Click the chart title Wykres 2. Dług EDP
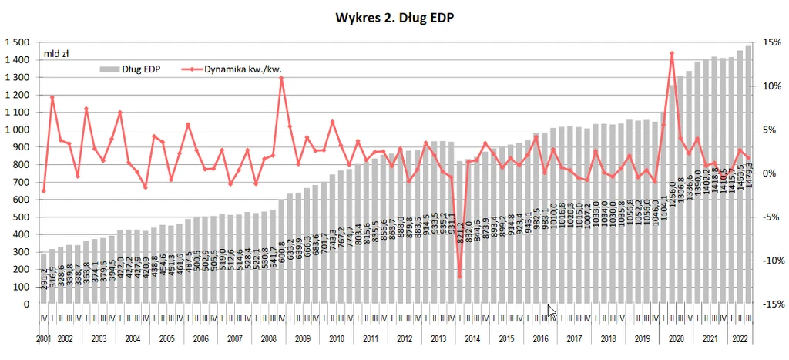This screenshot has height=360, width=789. click(394, 16)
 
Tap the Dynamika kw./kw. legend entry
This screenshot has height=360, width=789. click(231, 69)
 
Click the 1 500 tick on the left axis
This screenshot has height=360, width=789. click(17, 42)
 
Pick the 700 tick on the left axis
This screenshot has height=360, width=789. click(21, 182)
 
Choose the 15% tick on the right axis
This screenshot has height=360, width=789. click(771, 42)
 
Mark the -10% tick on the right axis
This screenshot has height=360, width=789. click(771, 261)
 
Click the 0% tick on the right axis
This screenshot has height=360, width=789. click(768, 173)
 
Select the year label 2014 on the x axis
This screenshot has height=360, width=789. click(472, 338)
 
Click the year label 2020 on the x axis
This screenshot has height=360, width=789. click(677, 338)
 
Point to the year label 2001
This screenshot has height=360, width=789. click(44, 338)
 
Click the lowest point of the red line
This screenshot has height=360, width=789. click(460, 276)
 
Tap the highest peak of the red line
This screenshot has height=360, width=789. click(673, 53)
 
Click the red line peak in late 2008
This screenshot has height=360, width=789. click(281, 78)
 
